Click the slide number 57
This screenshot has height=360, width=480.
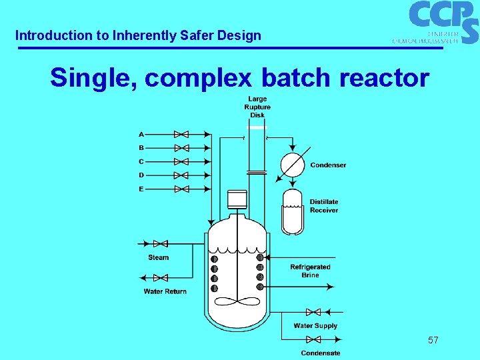click(433, 341)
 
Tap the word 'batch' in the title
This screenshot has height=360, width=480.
click(295, 78)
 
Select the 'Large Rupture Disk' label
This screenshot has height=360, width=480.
click(257, 107)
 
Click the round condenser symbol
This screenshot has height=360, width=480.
click(291, 165)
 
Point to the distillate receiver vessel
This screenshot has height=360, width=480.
click(293, 212)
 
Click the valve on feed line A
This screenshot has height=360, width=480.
click(181, 135)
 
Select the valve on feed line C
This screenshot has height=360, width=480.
click(181, 162)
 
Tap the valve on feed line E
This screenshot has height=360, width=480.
click(181, 189)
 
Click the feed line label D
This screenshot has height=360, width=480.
click(141, 175)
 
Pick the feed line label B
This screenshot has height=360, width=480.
click(141, 148)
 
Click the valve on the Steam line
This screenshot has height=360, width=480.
click(160, 244)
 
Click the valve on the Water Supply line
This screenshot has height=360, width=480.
click(313, 312)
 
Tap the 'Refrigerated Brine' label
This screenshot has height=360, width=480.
click(310, 271)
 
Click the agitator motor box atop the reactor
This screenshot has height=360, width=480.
click(237, 199)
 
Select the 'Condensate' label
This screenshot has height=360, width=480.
click(320, 353)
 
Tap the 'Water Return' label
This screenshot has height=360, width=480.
click(165, 291)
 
